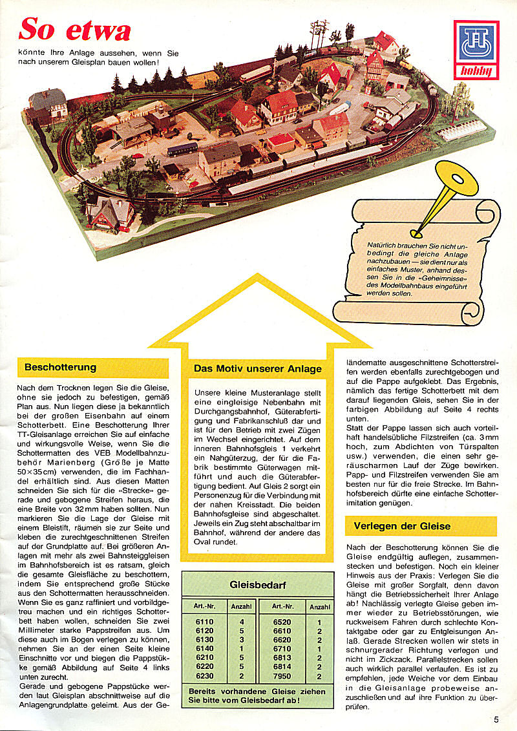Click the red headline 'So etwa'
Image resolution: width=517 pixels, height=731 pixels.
click(x=75, y=29)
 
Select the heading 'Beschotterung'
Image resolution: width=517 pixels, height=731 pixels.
click(x=60, y=368)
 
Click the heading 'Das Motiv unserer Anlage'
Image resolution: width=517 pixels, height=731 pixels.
click(x=257, y=369)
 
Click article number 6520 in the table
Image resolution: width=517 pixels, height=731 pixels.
click(x=282, y=622)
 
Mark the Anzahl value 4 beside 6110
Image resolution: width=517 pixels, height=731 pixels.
click(x=241, y=622)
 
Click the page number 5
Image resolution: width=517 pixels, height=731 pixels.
click(x=496, y=718)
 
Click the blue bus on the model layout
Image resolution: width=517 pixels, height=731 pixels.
click(x=182, y=149)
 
